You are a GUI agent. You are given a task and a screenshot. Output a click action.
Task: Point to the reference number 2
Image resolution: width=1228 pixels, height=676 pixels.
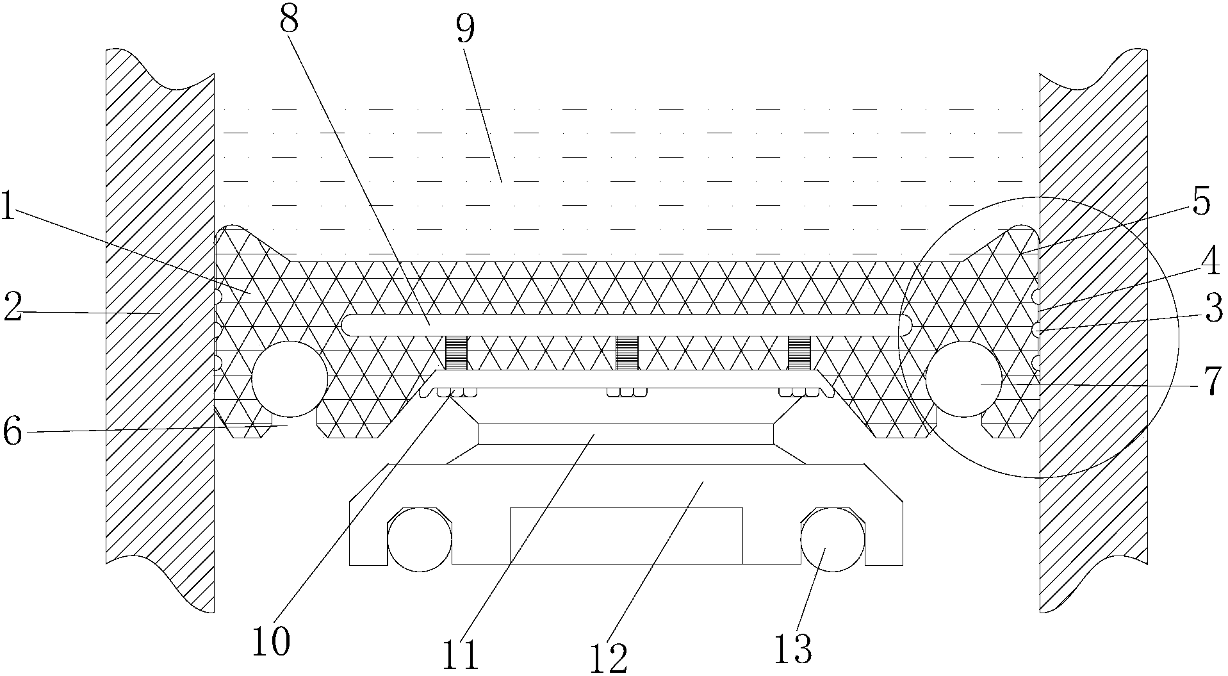(x=12, y=308)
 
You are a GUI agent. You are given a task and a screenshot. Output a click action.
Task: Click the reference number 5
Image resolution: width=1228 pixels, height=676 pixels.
(x=1200, y=203)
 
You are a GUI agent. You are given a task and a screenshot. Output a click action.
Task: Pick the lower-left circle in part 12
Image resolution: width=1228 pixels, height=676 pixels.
(x=420, y=540)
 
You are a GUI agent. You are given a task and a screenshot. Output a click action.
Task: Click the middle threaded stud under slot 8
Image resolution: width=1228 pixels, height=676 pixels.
(x=628, y=353)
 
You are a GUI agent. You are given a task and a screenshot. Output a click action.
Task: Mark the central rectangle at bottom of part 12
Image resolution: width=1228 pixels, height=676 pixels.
(x=626, y=536)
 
